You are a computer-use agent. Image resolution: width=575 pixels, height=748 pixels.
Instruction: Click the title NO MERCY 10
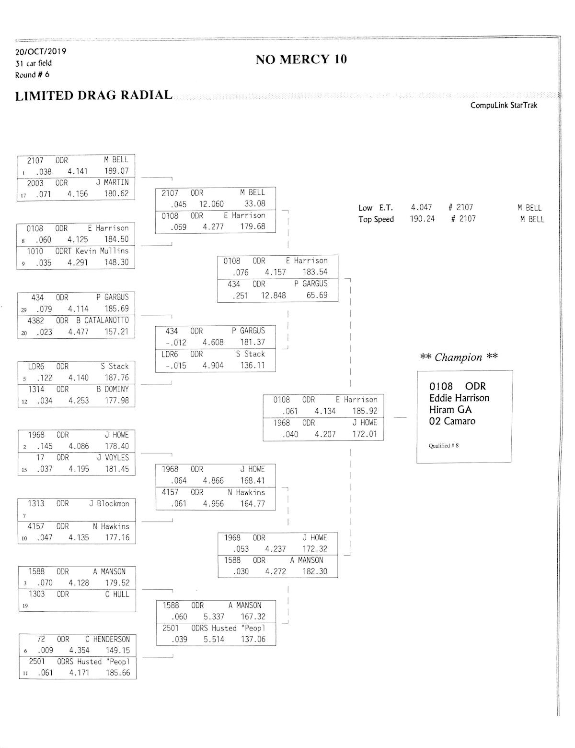point(301,59)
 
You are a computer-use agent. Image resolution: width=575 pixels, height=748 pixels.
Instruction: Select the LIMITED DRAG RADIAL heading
point(94,95)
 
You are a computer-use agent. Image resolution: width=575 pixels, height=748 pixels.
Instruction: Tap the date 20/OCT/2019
point(41,51)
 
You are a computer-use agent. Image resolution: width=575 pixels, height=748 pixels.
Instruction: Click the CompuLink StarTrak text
point(504,105)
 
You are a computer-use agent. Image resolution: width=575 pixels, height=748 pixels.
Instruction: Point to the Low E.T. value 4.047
point(421,207)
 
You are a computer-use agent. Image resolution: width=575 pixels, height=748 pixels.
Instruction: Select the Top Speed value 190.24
point(422,219)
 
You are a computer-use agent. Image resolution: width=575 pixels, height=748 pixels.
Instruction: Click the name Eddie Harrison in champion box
point(459,398)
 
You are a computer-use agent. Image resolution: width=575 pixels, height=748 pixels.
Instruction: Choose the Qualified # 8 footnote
point(443,446)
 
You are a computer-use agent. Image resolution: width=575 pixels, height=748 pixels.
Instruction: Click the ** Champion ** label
point(459,357)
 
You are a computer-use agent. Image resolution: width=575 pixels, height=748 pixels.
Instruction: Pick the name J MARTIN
point(112,182)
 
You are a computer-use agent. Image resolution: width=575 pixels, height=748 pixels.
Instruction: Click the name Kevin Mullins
point(102,251)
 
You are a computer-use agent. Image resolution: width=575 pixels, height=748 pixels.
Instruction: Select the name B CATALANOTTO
point(103,320)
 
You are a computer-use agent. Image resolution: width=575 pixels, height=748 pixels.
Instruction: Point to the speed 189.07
point(116,171)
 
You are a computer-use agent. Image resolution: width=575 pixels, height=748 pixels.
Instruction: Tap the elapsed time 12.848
point(273,295)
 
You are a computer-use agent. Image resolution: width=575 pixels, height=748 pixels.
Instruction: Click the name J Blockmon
point(109,503)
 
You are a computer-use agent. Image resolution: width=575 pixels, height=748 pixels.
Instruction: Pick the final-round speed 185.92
point(365,411)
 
